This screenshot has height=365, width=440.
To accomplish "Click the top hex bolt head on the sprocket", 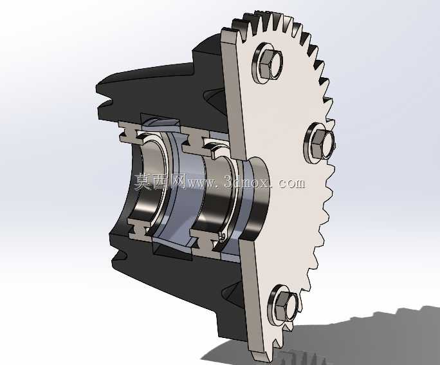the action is (264, 64).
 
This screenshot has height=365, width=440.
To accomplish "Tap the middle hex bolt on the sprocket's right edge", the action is (318, 144).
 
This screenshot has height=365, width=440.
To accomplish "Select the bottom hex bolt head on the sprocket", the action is (281, 305).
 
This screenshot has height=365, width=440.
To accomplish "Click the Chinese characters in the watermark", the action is (160, 182).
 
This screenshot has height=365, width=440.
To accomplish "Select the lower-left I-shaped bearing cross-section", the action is (138, 228).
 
